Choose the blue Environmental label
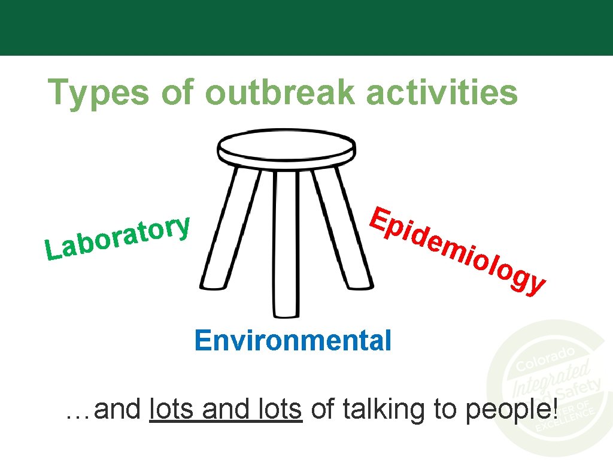pyautogui.click(x=293, y=341)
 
